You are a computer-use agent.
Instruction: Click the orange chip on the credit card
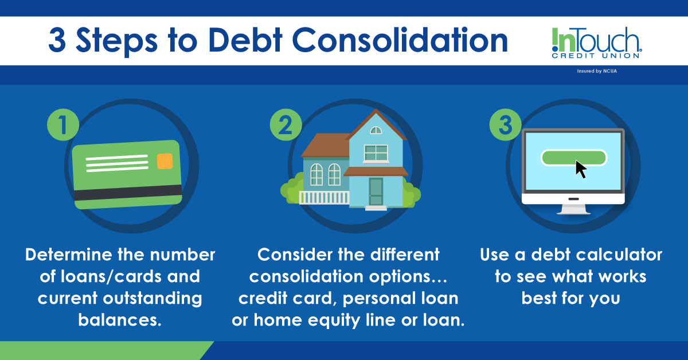(x=165, y=161)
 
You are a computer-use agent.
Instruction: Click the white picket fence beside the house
(x=324, y=198)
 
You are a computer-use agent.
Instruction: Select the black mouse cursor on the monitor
(x=581, y=169)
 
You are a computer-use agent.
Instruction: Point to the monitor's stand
(x=573, y=208)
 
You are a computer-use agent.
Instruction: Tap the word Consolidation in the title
(x=401, y=41)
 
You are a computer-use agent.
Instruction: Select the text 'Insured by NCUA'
(x=597, y=72)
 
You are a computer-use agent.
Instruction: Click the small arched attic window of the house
(x=376, y=130)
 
